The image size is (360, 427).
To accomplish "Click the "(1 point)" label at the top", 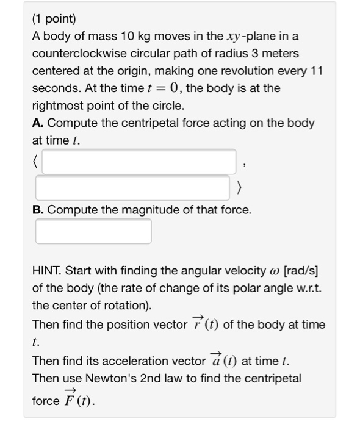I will [x=56, y=20].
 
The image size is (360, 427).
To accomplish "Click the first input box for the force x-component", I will [x=139, y=162].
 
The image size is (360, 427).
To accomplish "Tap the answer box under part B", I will [x=93, y=231].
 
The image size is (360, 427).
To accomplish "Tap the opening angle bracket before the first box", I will [x=36, y=162].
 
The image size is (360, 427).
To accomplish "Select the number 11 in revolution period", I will [x=316, y=71].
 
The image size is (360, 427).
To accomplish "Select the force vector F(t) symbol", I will [x=78, y=401].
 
